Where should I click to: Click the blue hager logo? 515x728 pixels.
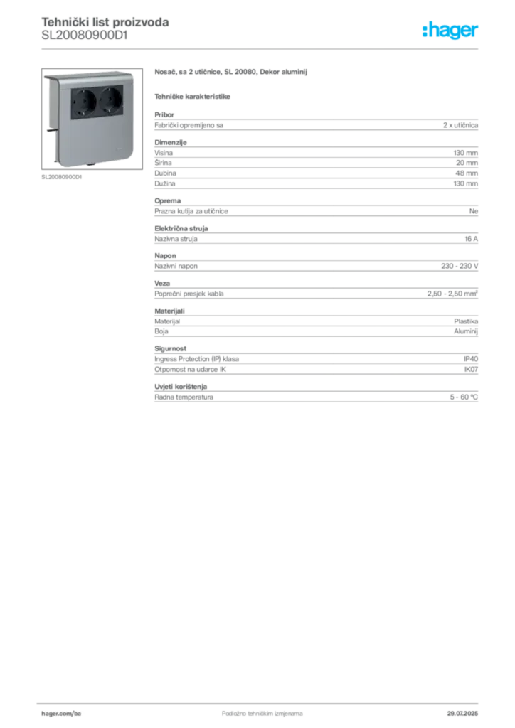pos(451,31)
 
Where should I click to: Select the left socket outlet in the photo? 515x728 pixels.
pos(84,100)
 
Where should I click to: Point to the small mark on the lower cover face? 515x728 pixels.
pos(120,151)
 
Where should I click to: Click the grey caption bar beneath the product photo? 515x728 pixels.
pos(63,178)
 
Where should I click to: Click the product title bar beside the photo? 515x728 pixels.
pos(233,73)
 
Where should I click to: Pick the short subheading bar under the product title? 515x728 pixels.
pos(193,95)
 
